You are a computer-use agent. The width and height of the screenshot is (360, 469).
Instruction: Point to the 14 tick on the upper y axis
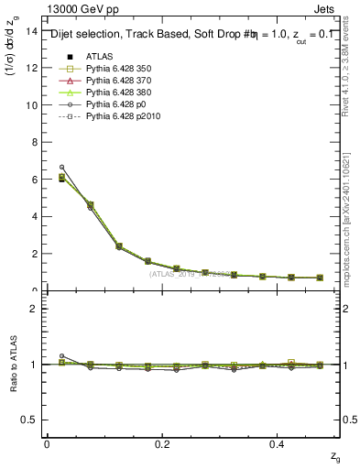click(x=33, y=31)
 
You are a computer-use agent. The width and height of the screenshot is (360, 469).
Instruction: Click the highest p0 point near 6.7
click(x=61, y=167)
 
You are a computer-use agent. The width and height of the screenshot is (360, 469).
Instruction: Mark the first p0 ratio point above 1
click(x=61, y=355)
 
